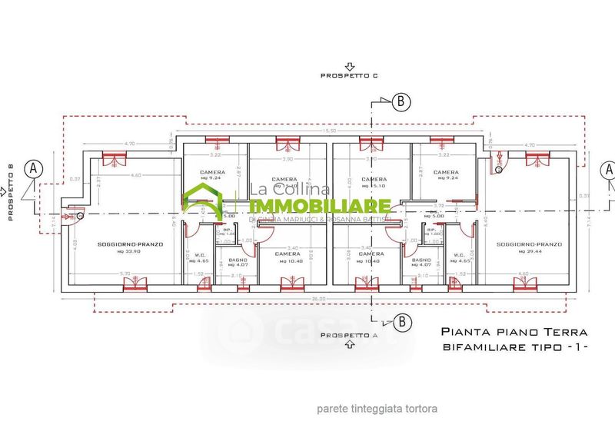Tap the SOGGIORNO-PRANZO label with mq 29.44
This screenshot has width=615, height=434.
coord(529,247)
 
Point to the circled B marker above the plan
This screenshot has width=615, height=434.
coord(401,101)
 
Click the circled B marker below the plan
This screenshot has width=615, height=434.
coord(401,320)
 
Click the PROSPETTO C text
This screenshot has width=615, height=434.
coord(351,75)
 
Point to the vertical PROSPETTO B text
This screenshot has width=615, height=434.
coord(11,191)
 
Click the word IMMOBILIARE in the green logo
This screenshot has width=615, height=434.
coord(321,206)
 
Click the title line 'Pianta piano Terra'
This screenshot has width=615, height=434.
coord(514,333)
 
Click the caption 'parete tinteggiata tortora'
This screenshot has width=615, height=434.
coord(377,409)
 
